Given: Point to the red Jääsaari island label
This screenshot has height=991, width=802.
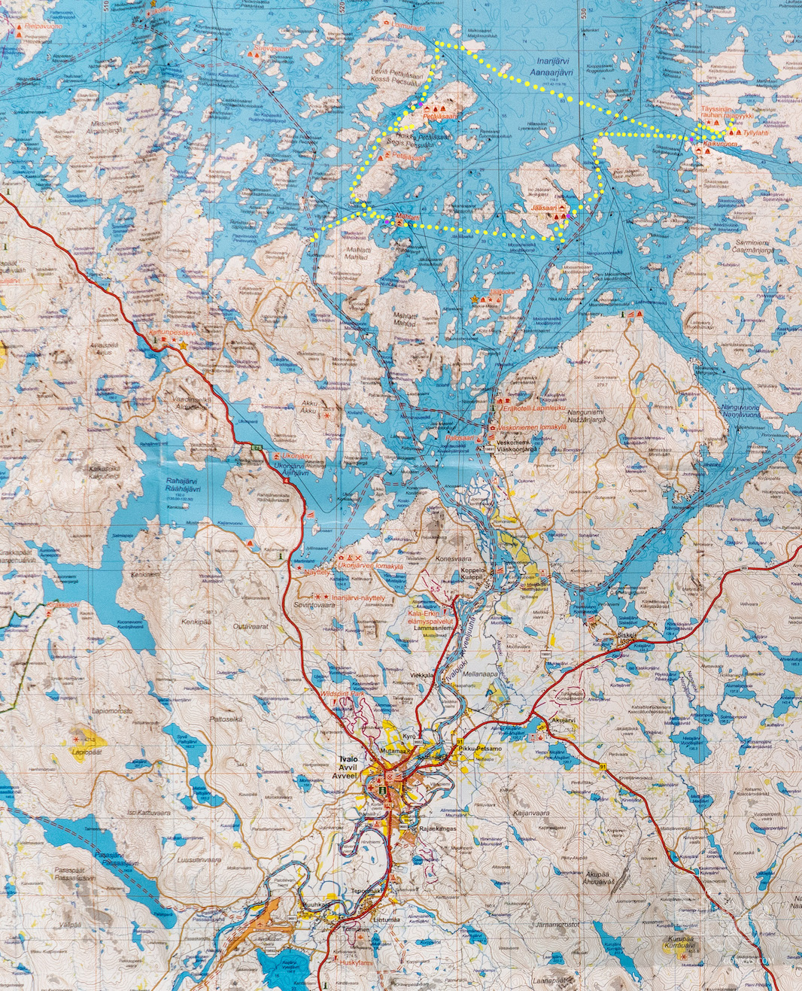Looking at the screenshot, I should (543, 207).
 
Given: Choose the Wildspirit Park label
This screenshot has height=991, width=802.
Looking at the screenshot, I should (342, 692).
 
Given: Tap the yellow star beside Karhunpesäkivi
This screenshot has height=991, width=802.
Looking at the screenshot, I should (183, 345).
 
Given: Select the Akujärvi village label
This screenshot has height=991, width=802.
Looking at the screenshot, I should (563, 719).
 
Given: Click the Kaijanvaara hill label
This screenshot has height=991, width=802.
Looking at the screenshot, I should (531, 813).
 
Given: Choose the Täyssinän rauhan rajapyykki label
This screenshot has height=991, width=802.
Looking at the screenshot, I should (726, 112).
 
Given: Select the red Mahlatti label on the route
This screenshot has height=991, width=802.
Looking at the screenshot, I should (408, 217).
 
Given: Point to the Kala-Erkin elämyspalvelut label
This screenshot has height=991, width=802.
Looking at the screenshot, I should (430, 618).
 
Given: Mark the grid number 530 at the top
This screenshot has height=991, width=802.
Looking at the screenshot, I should (584, 12).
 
